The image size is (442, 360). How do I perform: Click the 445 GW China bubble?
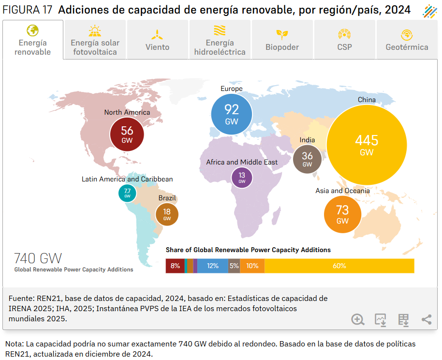(x=367, y=145)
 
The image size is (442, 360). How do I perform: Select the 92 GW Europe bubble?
(x=232, y=114)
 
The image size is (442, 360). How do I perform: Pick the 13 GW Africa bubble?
(x=242, y=178)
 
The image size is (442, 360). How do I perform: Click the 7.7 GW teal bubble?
(x=127, y=193)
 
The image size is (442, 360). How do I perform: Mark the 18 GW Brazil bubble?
(x=167, y=214)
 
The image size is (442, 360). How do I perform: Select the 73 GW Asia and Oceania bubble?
(x=342, y=214)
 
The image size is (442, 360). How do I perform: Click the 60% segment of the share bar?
(x=339, y=266)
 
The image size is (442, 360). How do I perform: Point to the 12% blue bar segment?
(x=212, y=266)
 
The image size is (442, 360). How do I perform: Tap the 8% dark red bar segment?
(x=175, y=266)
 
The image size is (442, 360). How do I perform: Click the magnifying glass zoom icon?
(x=358, y=319)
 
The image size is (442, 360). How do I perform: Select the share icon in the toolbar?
(x=427, y=319)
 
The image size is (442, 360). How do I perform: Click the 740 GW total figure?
(x=38, y=258)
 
